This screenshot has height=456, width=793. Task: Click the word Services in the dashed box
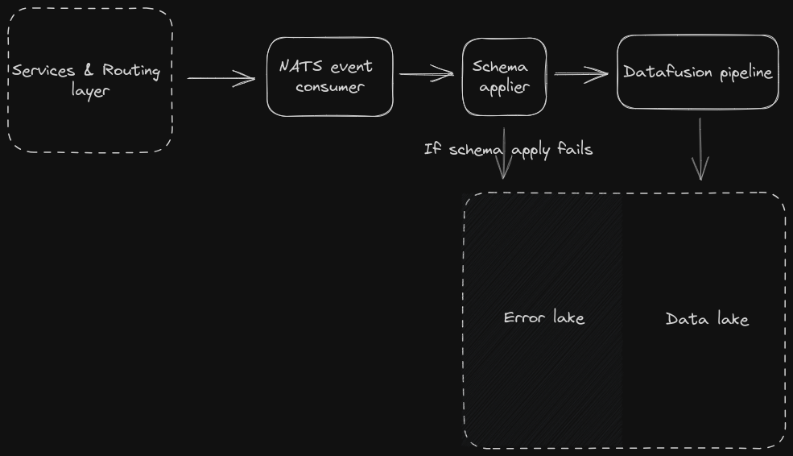[44, 71]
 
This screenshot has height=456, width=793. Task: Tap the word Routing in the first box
[131, 71]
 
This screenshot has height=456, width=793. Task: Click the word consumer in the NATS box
[330, 87]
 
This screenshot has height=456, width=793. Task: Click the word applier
[504, 87]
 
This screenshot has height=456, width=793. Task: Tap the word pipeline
[746, 73]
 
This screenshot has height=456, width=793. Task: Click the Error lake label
[543, 317]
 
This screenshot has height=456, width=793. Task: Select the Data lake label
[707, 319]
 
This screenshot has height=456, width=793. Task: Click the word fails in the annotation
[574, 149]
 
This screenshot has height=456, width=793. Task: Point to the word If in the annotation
[431, 149]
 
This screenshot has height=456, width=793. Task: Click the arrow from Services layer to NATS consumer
[221, 78]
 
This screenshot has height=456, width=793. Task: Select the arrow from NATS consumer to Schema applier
[427, 74]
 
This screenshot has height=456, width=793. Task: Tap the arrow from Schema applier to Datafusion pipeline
[580, 74]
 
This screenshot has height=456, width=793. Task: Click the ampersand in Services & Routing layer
[89, 71]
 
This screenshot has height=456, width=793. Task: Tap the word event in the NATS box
[352, 66]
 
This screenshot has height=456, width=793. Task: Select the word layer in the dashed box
[89, 91]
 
